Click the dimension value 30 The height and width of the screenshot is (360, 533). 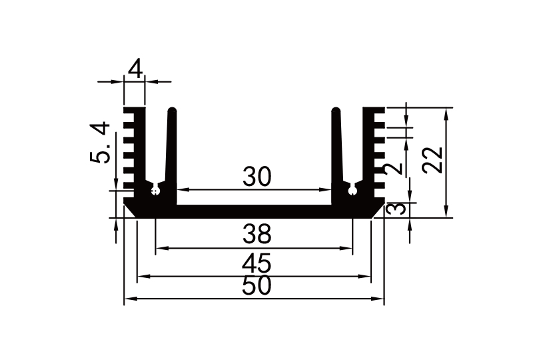[257, 177]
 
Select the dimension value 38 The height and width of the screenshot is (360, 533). [257, 234]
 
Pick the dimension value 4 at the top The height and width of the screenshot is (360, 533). [135, 69]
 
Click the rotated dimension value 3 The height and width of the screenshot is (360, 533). [396, 209]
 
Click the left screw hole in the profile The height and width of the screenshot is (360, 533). [155, 192]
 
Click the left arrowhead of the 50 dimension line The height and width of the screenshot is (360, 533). [129, 299]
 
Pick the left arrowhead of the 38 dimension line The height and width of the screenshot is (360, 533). [159, 249]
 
